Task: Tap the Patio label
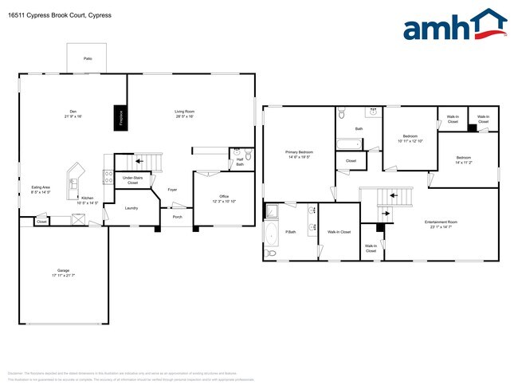[88, 58]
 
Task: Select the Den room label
[73, 112]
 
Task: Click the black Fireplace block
[121, 117]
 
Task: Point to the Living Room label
[185, 112]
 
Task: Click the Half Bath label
[240, 163]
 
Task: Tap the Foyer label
[172, 189]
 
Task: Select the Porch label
[177, 216]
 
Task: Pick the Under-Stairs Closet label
[132, 181]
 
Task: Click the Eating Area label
[41, 190]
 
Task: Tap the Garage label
[63, 273]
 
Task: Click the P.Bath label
[291, 231]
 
